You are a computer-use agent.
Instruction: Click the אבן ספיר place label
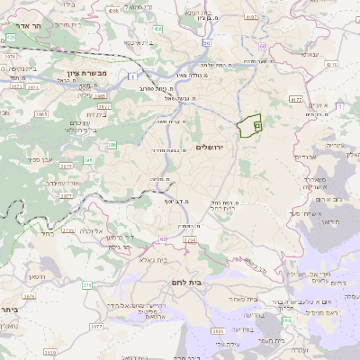coord(41,159)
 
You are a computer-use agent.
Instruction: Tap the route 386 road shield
coord(111,144)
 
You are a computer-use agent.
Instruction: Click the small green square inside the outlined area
coord(256,128)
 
